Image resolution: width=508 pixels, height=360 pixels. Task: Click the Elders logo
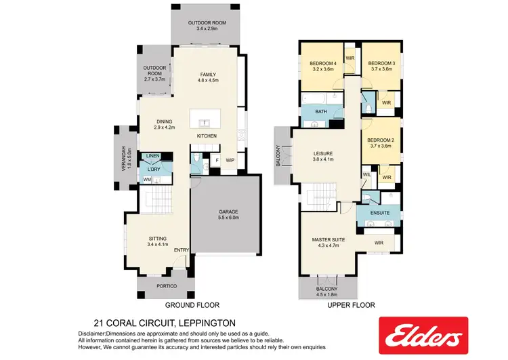coord(423,336)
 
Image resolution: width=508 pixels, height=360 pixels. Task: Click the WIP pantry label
coord(230,160)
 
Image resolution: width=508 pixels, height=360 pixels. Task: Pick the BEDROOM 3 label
coord(382,66)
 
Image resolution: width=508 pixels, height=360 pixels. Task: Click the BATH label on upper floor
coord(321,112)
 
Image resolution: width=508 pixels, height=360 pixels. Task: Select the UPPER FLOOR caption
coord(350,306)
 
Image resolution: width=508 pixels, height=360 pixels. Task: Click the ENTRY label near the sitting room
coord(181,251)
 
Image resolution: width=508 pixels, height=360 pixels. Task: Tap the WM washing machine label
coord(146,180)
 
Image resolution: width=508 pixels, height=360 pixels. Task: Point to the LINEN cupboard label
coord(152,157)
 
